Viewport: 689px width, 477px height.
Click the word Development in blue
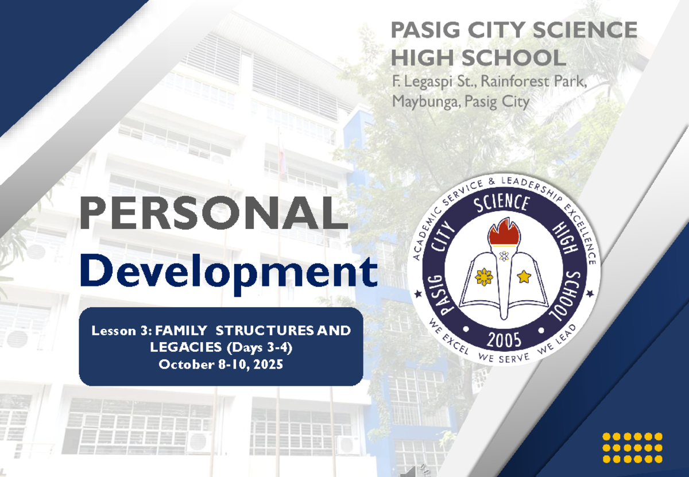[x=229, y=273]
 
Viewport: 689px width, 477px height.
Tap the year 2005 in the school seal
[x=504, y=340]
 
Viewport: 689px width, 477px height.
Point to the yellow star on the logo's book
[x=524, y=277]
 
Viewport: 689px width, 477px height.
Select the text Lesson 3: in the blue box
[x=121, y=331]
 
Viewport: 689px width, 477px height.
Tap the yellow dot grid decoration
[x=632, y=448]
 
